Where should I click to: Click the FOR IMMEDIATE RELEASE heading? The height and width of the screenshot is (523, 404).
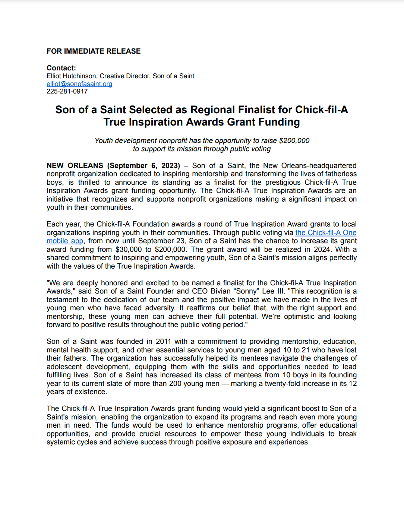click(x=94, y=51)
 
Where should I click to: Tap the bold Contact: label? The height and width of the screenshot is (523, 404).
click(x=61, y=68)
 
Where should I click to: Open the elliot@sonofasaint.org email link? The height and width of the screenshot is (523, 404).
click(x=79, y=84)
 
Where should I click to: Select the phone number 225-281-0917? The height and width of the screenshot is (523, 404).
click(x=67, y=91)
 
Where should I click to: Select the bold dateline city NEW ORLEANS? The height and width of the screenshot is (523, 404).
click(x=75, y=165)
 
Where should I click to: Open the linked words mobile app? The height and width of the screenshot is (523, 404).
click(x=65, y=241)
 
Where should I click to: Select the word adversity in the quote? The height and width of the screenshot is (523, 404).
click(x=160, y=308)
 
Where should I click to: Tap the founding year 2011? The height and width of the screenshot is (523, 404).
click(x=163, y=342)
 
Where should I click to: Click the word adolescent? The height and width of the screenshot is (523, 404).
click(x=64, y=367)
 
